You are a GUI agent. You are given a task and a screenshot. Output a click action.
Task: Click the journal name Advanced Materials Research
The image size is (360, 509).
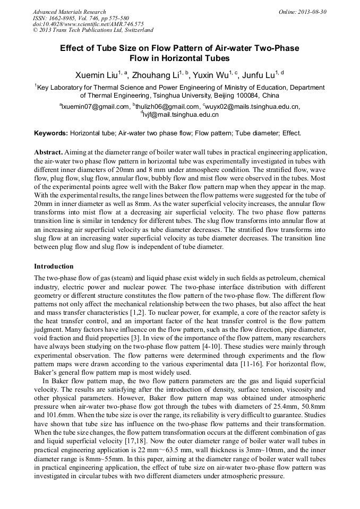[70, 12]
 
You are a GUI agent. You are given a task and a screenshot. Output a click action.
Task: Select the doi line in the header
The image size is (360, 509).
[88, 24]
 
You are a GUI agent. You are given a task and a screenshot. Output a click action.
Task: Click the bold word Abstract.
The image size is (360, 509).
[48, 152]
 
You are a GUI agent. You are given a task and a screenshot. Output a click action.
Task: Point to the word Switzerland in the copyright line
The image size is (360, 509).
[135, 30]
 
